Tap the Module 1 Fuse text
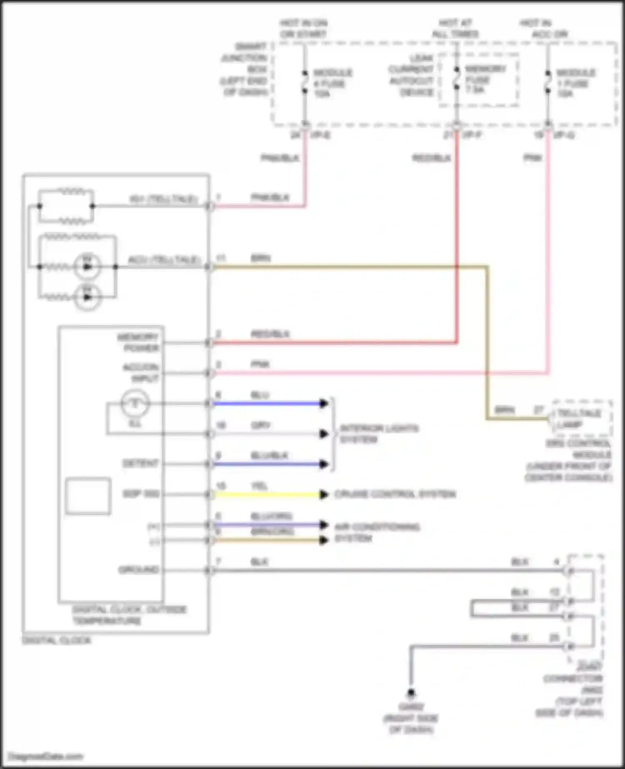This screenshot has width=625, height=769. (575, 83)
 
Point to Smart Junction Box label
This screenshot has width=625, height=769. (245, 69)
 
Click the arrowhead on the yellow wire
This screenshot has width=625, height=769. (324, 494)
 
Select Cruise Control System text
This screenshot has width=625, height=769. (395, 494)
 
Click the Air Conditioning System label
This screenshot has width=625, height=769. (377, 532)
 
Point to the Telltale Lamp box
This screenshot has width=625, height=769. (582, 419)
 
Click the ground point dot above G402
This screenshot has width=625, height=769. (411, 693)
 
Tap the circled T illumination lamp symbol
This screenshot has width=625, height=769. (135, 403)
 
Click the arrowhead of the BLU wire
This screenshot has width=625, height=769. (324, 403)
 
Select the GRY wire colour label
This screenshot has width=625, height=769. (260, 425)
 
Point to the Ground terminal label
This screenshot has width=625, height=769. (138, 569)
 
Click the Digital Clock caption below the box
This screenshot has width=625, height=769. (56, 640)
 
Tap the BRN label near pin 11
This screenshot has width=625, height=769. (260, 258)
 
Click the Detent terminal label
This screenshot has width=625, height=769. (140, 464)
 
